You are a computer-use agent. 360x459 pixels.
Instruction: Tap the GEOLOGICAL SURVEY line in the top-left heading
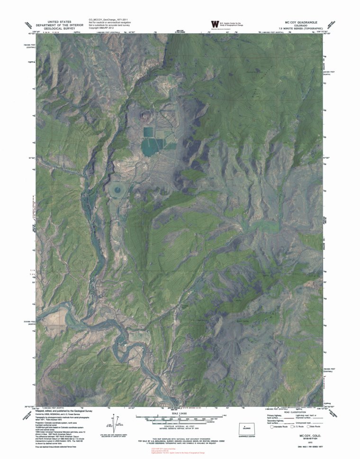(x=49, y=28)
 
